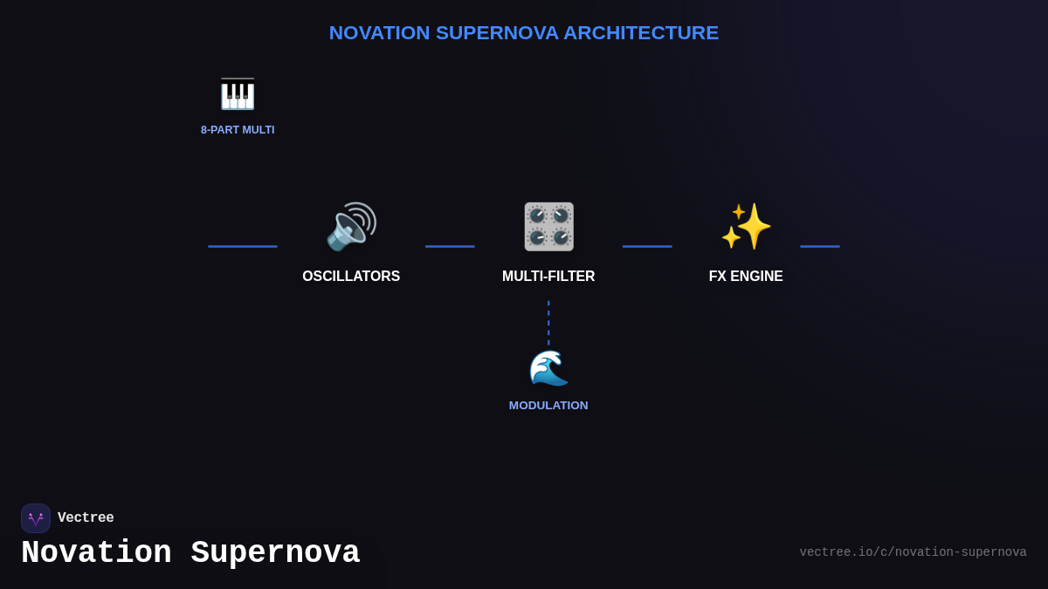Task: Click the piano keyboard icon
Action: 238,94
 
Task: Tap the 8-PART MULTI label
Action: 238,130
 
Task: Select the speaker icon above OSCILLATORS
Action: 351,227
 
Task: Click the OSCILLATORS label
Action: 351,277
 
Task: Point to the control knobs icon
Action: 548,227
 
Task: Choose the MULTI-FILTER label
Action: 548,277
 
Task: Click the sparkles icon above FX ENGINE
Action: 746,227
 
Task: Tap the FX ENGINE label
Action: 746,277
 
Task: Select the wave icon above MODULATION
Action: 548,367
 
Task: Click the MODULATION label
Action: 548,406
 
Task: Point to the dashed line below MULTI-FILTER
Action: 548,322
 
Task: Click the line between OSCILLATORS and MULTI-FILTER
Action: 450,246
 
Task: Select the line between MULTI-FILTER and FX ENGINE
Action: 647,246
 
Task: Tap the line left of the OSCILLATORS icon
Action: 243,246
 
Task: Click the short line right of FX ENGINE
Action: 819,246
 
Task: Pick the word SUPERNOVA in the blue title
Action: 497,33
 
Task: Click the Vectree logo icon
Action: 36,518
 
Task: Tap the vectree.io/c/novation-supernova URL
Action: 913,552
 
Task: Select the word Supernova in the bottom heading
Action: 275,553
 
